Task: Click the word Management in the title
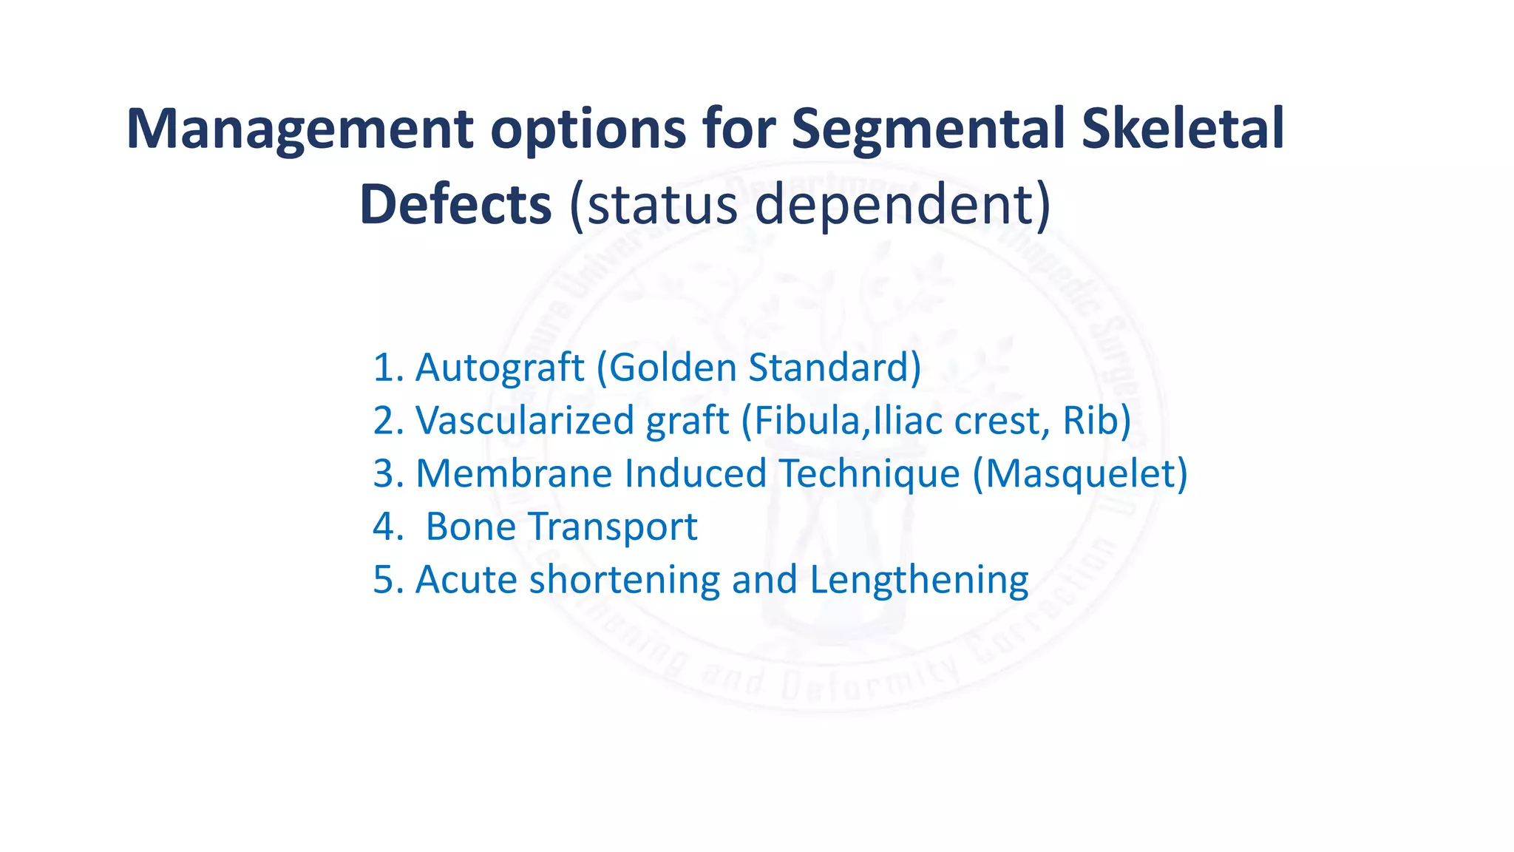299,130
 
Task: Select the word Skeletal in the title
1183,129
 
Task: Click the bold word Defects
455,205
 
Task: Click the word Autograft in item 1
500,368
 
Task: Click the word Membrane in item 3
514,473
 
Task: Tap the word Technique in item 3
869,474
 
